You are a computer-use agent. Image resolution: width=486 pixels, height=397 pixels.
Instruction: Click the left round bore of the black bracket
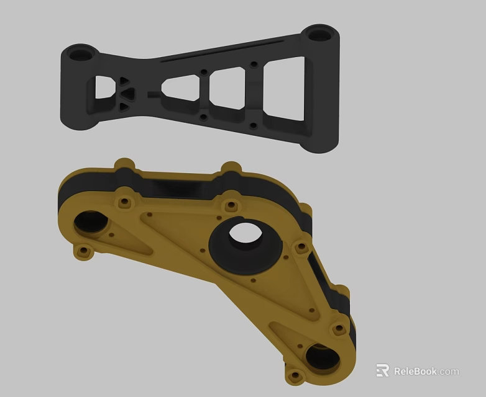coord(80,54)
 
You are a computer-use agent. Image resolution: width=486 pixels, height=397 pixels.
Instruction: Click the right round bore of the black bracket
coord(319,33)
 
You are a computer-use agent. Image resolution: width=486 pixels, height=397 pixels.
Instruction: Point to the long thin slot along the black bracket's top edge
coord(224,51)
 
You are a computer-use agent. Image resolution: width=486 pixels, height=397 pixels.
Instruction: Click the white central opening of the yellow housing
coord(244,234)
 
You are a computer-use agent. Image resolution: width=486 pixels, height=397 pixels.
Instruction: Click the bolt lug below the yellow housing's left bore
coord(82,251)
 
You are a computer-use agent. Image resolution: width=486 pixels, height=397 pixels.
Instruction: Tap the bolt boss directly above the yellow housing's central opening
coord(231,205)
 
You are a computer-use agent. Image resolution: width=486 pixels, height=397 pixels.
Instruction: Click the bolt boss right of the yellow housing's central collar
coord(301,248)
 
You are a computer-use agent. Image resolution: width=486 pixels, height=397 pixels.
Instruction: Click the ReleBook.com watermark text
coord(426,372)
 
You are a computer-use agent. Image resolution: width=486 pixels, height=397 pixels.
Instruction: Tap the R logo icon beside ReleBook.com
coord(382,371)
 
